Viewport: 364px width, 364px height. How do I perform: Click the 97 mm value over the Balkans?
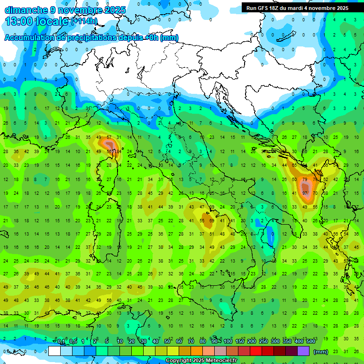coord(304,193)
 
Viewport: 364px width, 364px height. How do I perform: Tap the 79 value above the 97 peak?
coord(304,180)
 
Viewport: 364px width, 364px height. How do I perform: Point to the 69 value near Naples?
coord(212,220)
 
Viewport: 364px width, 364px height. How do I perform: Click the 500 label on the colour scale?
coord(311,341)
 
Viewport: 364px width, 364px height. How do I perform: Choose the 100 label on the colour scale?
coord(228,341)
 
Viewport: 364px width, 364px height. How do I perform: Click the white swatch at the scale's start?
coord(55,351)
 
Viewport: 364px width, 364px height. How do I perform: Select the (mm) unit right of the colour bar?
coord(321,352)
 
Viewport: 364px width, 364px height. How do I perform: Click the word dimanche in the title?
coord(26,10)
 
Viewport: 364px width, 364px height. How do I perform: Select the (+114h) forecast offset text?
coord(84,21)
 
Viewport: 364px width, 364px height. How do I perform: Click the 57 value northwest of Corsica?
coord(109,138)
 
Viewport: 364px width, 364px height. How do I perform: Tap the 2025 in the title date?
coord(115,10)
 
